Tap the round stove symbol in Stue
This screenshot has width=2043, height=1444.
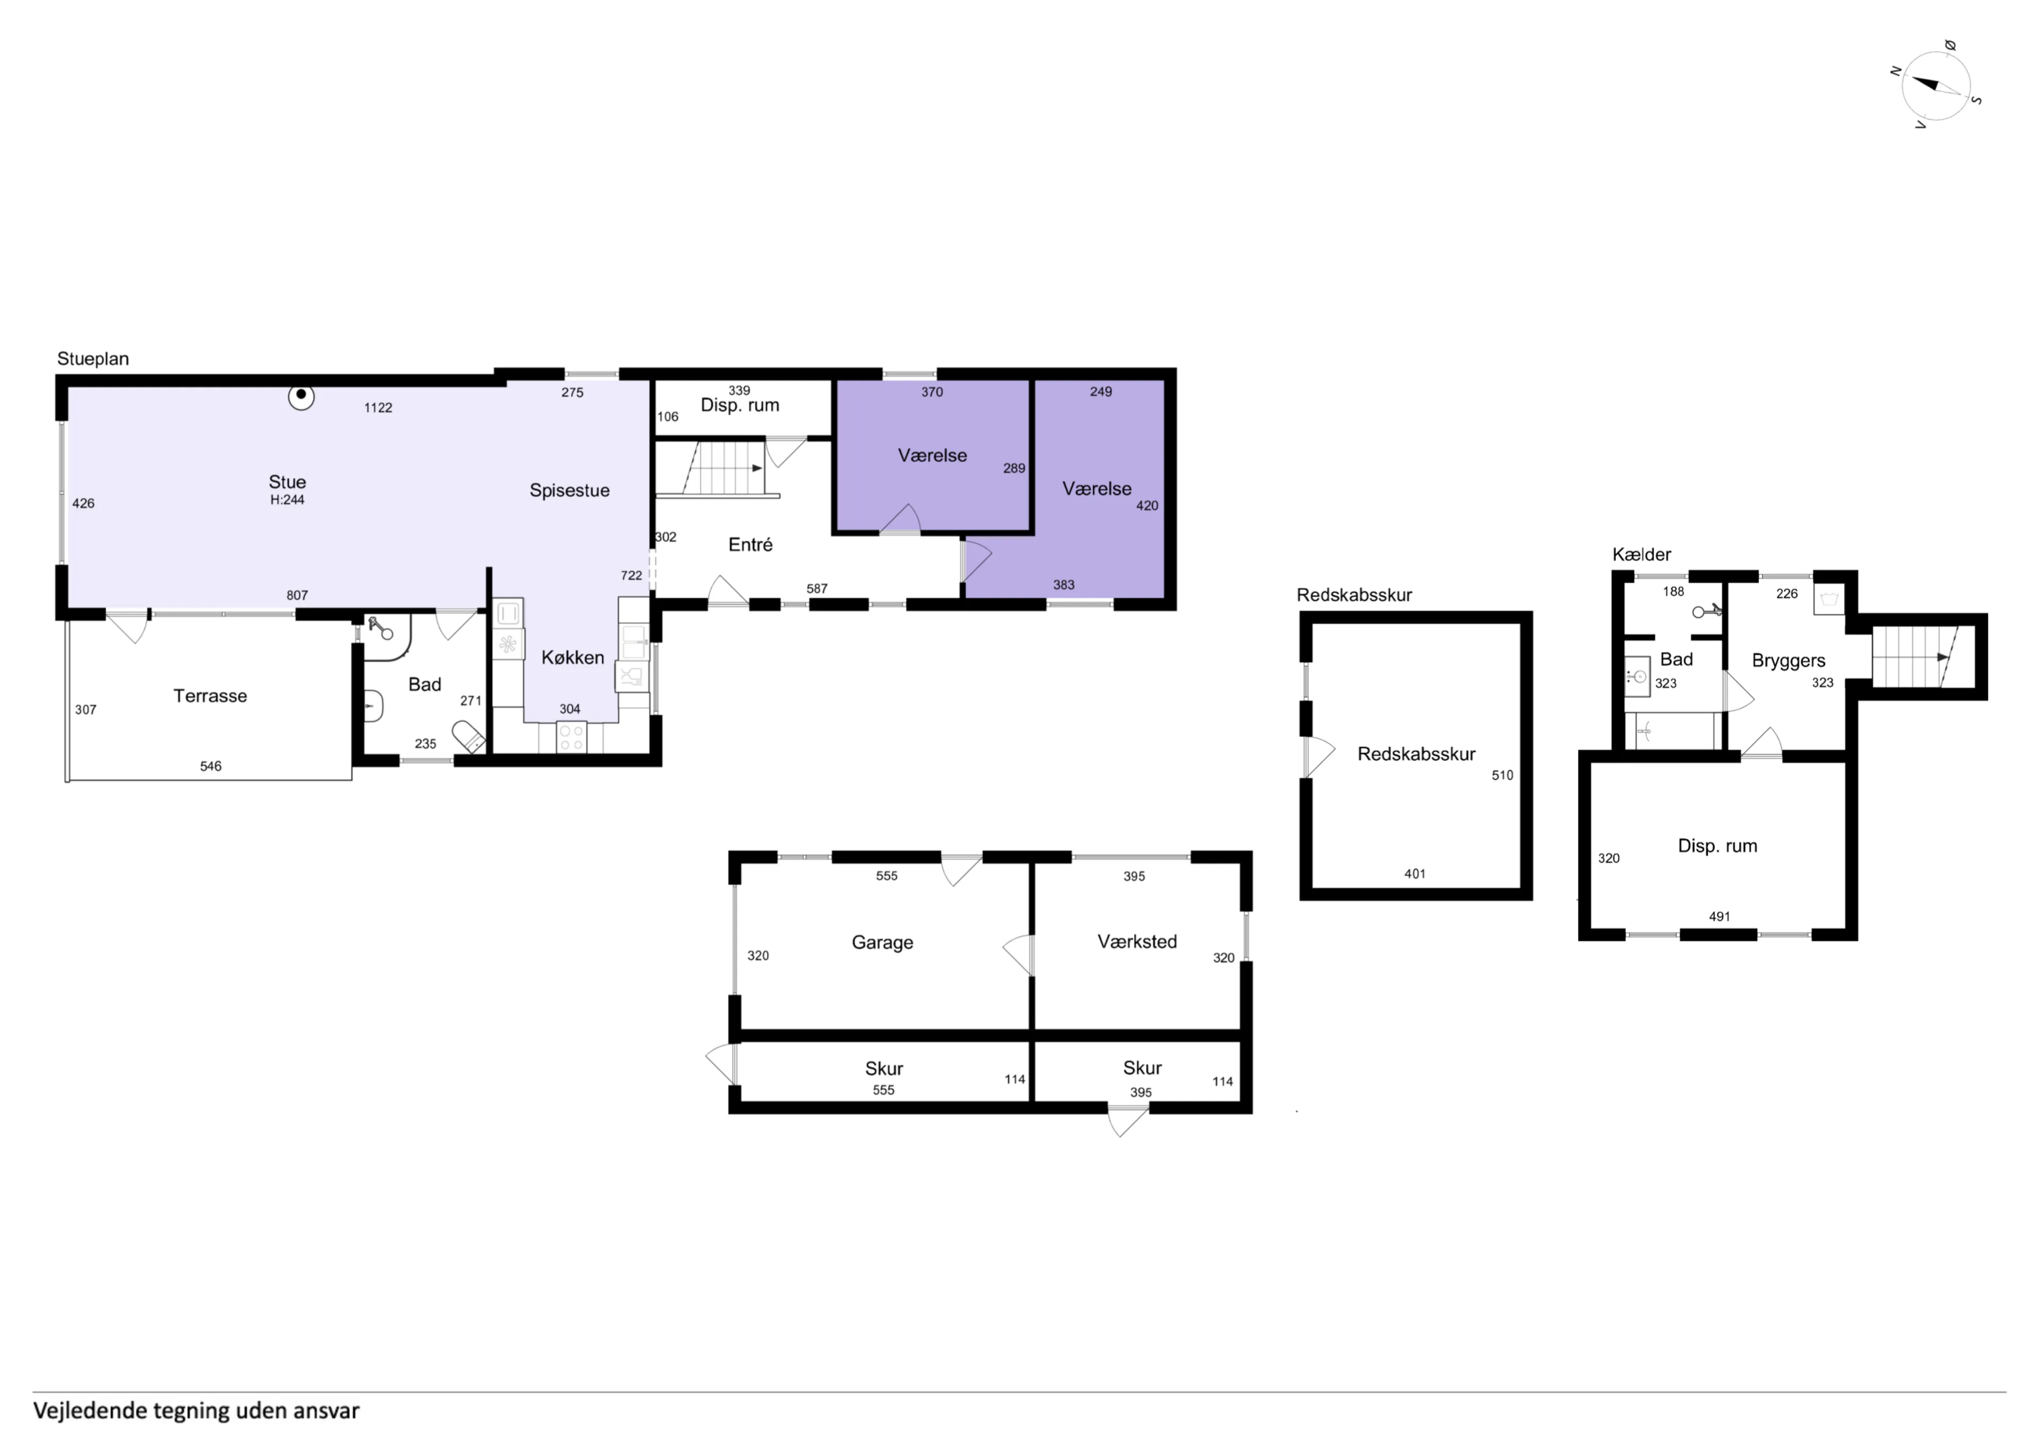[x=302, y=396]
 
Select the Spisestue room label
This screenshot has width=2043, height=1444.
[x=569, y=490]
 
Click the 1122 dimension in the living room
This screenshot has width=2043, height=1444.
[x=378, y=407]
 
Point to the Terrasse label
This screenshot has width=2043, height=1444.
[x=210, y=696]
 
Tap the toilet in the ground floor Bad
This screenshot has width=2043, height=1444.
[x=468, y=738]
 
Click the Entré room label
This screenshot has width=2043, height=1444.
[x=750, y=545]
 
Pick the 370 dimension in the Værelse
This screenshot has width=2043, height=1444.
[x=932, y=391]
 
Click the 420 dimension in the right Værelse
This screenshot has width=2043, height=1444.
[x=1147, y=505]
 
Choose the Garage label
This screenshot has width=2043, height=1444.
[x=883, y=942]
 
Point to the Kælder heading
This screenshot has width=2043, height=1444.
[x=1642, y=554]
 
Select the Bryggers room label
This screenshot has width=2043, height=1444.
[x=1789, y=660]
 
